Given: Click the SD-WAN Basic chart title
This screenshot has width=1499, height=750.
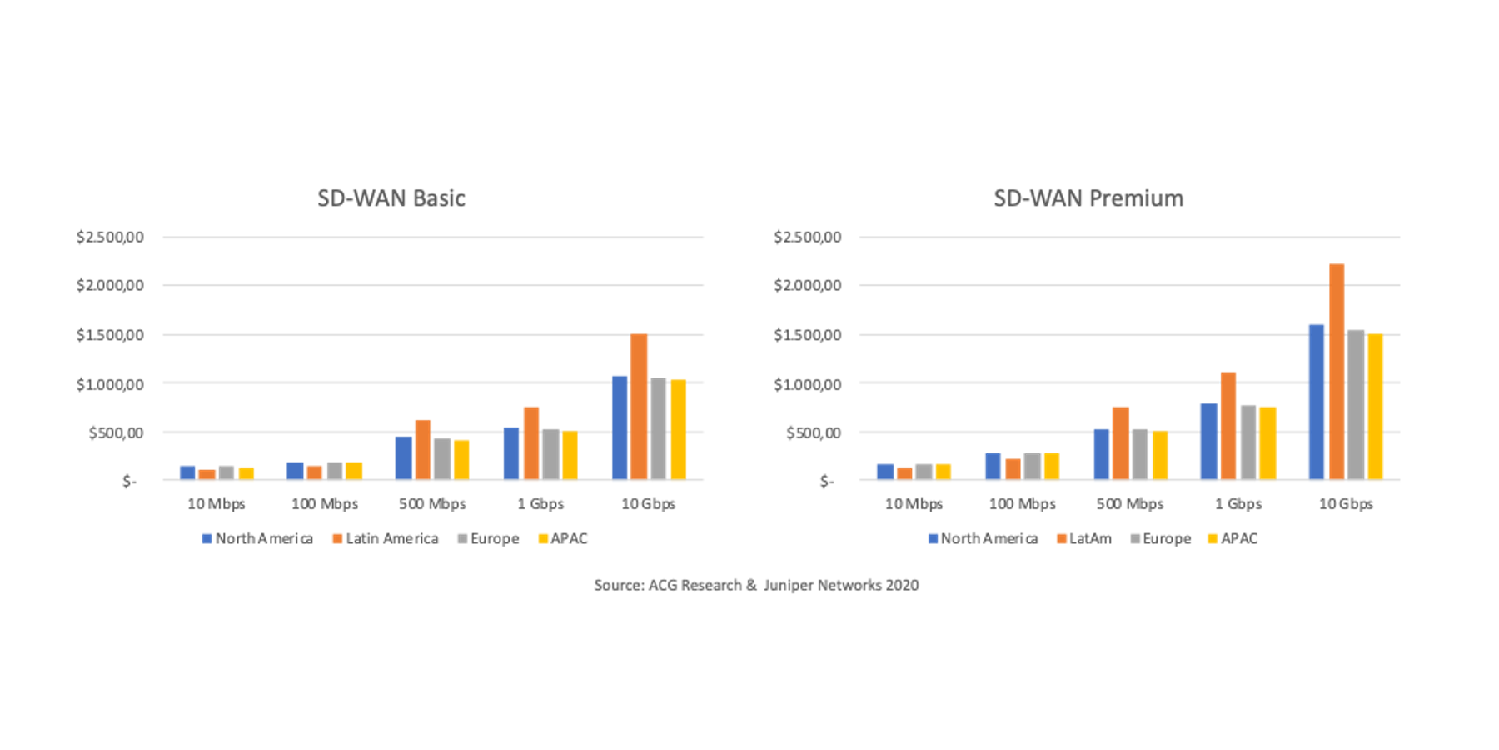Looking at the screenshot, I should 391,198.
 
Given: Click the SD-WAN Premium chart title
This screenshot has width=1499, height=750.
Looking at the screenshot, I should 1088,198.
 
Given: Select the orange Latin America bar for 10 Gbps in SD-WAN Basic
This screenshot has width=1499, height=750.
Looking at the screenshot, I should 639,407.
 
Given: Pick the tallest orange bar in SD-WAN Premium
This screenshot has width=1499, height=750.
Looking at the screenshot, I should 1337,372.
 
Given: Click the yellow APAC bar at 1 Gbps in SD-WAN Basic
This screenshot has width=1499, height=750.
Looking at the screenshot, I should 570,455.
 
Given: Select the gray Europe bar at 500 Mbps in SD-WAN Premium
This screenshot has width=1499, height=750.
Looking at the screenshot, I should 1139,454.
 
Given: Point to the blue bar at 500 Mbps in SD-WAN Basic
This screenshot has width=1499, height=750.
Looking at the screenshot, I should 403,457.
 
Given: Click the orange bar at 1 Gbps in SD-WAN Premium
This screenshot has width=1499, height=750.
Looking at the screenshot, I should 1228,426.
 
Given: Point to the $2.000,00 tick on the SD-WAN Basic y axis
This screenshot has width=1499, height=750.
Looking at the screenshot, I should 110,285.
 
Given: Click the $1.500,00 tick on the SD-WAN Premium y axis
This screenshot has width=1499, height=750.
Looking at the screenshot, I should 807,335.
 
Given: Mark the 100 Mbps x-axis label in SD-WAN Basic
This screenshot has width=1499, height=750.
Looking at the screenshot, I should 324,504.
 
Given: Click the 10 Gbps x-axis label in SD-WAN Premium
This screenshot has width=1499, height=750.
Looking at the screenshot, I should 1346,504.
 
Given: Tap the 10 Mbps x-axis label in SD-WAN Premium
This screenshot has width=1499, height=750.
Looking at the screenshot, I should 914,504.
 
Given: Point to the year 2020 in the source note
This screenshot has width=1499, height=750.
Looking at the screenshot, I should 902,585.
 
